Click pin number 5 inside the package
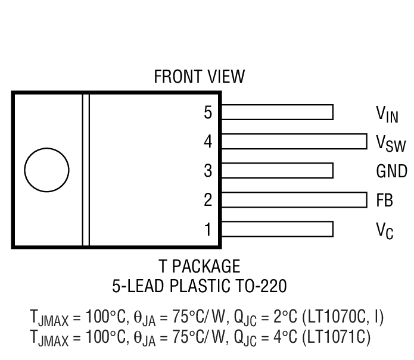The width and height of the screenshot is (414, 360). point(208,112)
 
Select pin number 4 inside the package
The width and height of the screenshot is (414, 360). point(208,142)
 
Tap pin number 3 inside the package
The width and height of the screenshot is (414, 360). point(208,171)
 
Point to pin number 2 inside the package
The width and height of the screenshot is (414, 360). point(208,199)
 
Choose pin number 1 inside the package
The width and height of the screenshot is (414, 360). point(208,228)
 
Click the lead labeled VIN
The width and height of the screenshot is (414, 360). point(277,112)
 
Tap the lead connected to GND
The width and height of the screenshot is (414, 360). point(277,171)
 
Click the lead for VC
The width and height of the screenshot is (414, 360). point(277,228)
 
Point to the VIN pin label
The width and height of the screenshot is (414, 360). point(387,113)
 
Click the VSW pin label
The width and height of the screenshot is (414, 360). point(391,143)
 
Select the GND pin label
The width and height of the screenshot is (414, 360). point(391,171)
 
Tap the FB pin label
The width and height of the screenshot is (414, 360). point(384,200)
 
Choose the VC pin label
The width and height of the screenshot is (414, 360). point(384,230)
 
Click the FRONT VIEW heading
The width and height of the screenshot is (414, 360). point(199,77)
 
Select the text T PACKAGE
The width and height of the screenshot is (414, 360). point(199,265)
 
